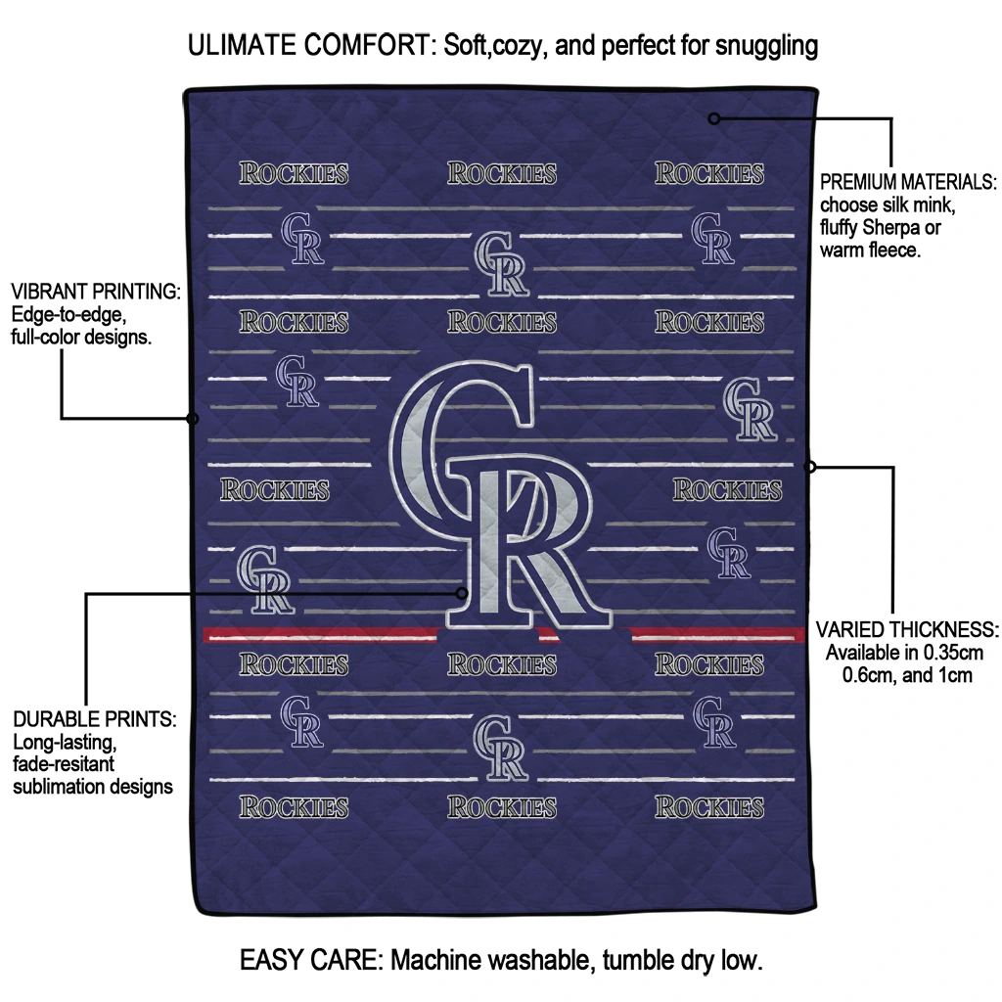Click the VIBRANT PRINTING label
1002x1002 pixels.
pos(95,293)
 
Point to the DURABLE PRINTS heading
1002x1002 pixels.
pos(95,719)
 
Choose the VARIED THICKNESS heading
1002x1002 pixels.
pos(907,629)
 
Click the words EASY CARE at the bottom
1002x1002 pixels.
pos(310,960)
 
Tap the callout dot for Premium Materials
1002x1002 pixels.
pos(714,118)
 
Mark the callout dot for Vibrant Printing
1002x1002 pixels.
pos(193,419)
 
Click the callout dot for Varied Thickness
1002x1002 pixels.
pos(809,467)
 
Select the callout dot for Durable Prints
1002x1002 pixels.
pos(464,592)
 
